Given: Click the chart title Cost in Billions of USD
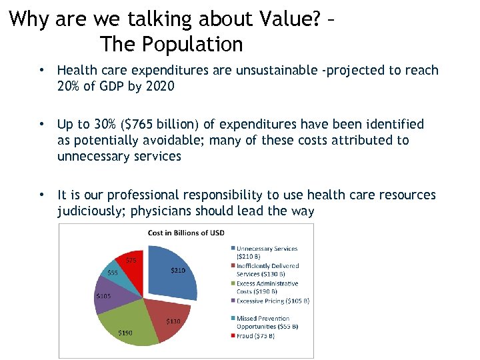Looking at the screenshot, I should (186, 232).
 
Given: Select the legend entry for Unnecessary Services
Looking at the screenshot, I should (267, 252).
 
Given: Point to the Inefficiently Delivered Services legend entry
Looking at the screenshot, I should (267, 269).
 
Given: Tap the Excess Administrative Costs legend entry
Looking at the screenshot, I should (267, 287).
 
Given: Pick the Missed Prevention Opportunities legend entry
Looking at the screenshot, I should (267, 322).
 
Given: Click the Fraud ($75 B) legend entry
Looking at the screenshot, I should (255, 336).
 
